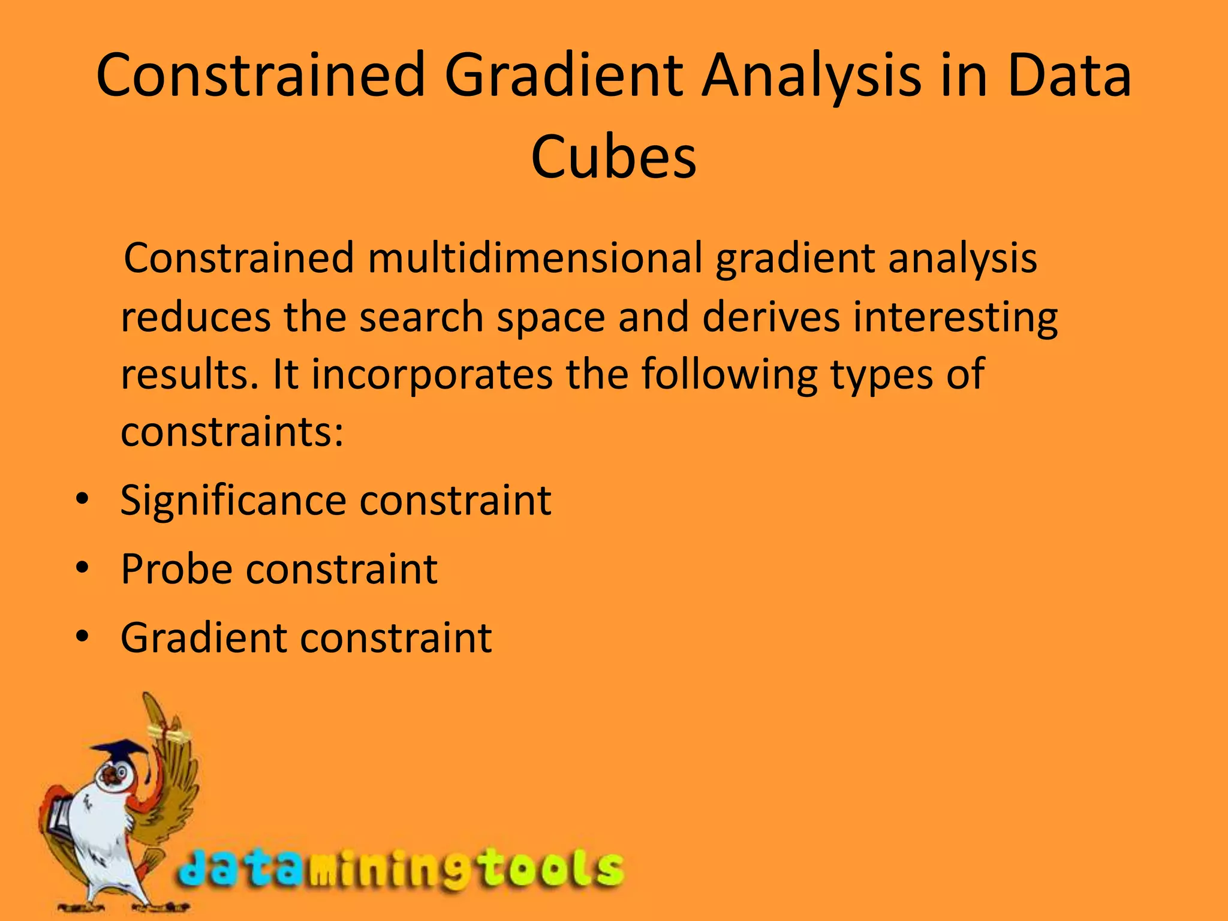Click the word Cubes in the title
point(613,157)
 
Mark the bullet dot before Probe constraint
point(83,567)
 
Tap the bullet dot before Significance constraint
point(83,499)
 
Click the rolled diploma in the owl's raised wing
point(171,734)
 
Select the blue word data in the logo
point(240,869)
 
